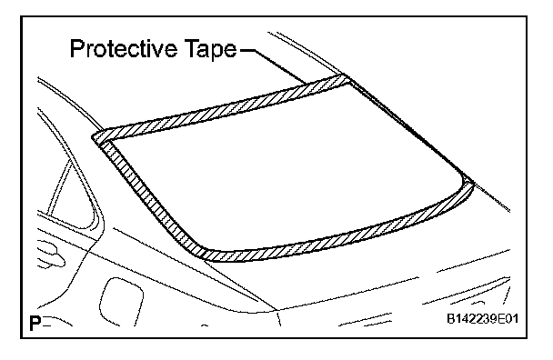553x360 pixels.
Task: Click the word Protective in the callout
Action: tap(124, 49)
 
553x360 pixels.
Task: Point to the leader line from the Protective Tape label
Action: tap(274, 65)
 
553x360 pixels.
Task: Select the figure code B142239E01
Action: tap(483, 319)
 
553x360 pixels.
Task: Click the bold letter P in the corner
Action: tap(35, 323)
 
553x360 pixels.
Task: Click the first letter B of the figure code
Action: tap(451, 319)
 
